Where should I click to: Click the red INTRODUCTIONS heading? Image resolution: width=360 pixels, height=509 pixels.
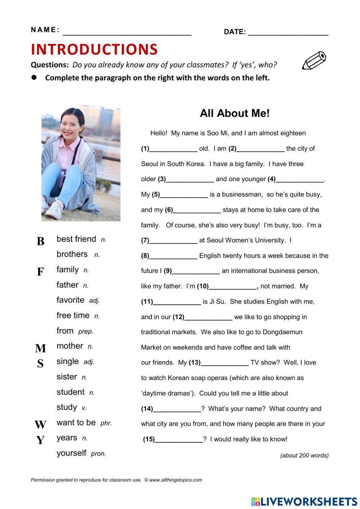[x=94, y=49]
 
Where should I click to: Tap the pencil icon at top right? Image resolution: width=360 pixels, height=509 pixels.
[x=314, y=60]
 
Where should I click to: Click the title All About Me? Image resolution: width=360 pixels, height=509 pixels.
[x=234, y=113]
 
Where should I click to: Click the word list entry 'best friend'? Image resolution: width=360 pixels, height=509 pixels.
[x=76, y=239]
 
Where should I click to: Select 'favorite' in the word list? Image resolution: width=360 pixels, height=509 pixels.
[x=71, y=300]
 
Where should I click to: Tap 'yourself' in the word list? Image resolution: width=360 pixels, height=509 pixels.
[x=72, y=453]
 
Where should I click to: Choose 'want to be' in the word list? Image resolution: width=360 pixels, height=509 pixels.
[x=76, y=423]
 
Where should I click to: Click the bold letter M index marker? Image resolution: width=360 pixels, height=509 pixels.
[x=40, y=348]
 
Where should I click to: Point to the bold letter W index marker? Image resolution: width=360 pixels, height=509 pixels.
[x=40, y=425]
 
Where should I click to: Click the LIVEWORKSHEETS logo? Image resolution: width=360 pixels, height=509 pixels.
[x=304, y=501]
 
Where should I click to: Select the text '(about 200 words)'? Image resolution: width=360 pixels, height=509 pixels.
[x=304, y=455]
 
